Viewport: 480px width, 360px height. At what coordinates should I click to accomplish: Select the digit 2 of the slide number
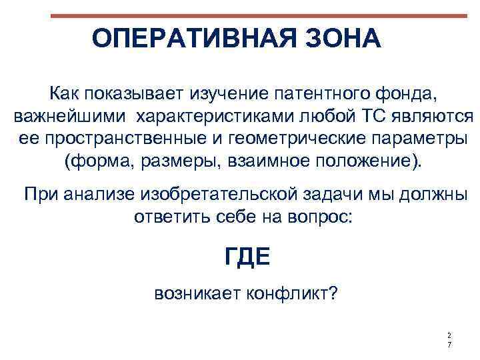pyautogui.click(x=449, y=335)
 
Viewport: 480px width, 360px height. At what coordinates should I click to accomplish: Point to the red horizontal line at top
pyautogui.click(x=259, y=15)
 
